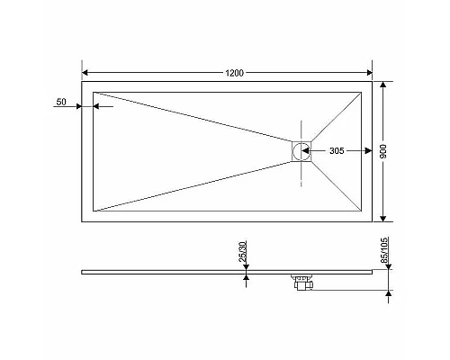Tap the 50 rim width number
[x=61, y=103]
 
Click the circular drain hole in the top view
[x=301, y=151]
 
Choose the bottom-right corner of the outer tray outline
[x=373, y=221]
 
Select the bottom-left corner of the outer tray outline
[x=82, y=221]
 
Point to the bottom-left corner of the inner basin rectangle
[x=94, y=211]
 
